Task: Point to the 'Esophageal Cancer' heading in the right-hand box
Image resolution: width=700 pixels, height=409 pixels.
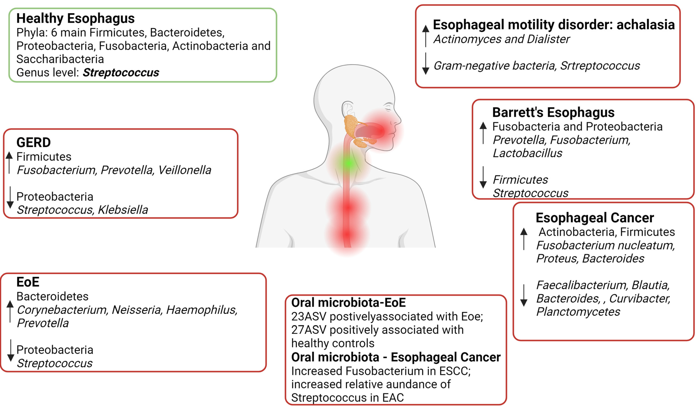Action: click(594, 218)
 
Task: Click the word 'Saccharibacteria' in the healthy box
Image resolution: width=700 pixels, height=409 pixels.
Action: click(60, 59)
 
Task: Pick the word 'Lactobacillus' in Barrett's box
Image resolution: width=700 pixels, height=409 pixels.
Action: click(527, 153)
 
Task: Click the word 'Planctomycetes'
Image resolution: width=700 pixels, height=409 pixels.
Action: click(578, 312)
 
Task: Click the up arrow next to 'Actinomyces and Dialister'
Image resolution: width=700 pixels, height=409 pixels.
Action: click(425, 36)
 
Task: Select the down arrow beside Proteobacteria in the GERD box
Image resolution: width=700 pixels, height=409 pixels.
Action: click(10, 197)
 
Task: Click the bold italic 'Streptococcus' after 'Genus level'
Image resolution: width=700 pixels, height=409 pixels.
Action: click(121, 73)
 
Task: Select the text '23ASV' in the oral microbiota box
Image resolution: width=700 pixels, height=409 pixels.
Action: click(308, 317)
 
